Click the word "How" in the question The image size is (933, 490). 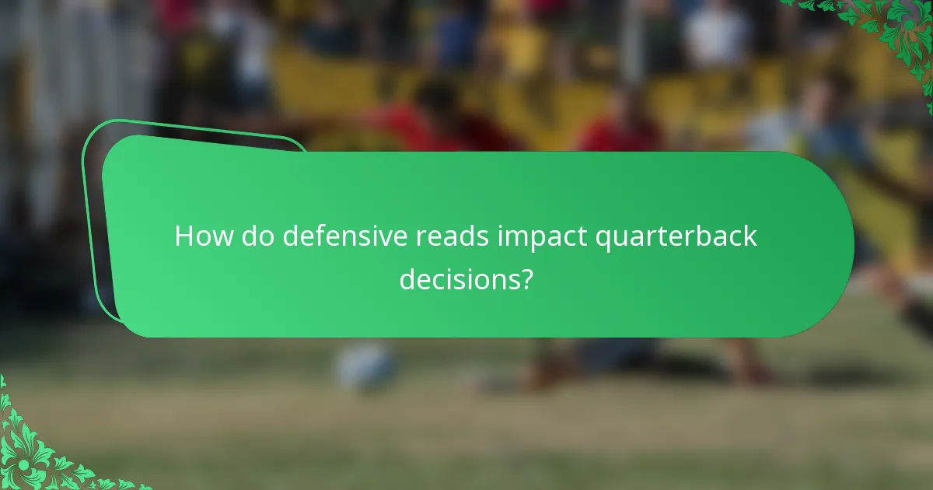(201, 236)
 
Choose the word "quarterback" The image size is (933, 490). (676, 236)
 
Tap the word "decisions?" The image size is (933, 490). (466, 278)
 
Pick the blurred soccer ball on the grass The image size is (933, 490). (365, 366)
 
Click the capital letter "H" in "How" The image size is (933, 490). (183, 236)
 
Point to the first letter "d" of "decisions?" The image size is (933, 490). (408, 278)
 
